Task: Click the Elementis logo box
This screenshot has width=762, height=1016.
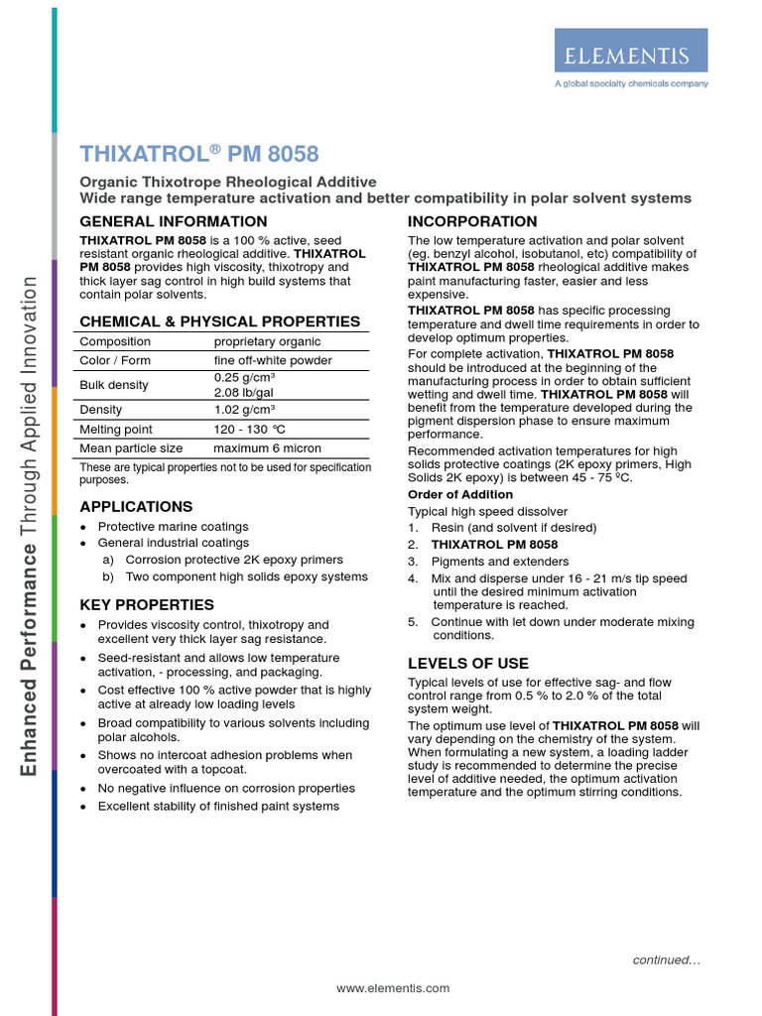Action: click(x=630, y=51)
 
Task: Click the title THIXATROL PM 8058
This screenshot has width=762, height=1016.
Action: click(x=199, y=154)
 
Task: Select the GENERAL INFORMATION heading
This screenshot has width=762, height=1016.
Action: click(x=173, y=221)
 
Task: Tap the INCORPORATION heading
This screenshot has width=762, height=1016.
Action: click(x=472, y=221)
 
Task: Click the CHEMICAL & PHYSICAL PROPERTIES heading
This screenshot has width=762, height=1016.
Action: click(x=219, y=321)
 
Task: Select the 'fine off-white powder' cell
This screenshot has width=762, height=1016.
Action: click(x=273, y=360)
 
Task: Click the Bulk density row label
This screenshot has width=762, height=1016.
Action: click(x=114, y=385)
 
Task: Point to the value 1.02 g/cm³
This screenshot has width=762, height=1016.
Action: click(x=244, y=409)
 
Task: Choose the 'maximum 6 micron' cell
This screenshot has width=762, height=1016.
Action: click(x=267, y=448)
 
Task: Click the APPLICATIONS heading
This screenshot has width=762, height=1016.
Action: click(x=136, y=506)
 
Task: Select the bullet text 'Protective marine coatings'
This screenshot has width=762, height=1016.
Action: click(x=173, y=527)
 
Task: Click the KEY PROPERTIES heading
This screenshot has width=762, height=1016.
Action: click(x=146, y=604)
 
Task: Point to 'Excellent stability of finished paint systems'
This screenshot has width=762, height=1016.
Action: click(x=218, y=806)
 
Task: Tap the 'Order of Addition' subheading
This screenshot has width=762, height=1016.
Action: click(x=460, y=494)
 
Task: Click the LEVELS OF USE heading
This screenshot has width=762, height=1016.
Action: click(x=468, y=663)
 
